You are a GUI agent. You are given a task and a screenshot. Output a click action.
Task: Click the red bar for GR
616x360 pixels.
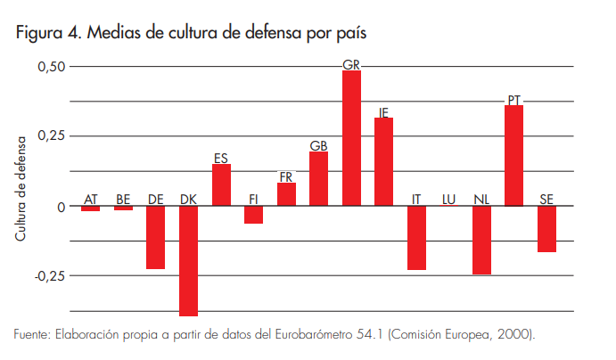pos(351,138)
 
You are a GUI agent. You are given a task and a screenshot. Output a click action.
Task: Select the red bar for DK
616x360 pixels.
pos(188,260)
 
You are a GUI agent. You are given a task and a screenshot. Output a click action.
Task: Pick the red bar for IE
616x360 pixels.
pos(383,161)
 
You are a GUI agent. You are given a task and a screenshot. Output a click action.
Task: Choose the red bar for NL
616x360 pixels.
pos(481,240)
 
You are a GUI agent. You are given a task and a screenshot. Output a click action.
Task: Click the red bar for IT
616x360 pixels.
pos(416,237)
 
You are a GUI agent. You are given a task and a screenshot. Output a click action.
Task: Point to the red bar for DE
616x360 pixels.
pos(155,237)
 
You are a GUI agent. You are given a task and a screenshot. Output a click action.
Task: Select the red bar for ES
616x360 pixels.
pos(221,184)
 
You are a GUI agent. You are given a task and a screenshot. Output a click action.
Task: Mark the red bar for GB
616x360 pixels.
pos(318,178)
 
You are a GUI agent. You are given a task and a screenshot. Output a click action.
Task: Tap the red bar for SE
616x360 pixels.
pos(546,228)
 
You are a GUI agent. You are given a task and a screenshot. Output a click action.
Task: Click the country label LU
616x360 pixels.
pos(449,199)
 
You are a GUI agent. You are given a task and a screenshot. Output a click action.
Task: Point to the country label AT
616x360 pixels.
pos(90,199)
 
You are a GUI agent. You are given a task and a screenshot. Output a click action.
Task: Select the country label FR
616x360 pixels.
pos(286,176)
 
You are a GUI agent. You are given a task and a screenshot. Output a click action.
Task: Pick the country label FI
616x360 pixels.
pos(253,199)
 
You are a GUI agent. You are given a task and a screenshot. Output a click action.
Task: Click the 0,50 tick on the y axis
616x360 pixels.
pos(52,67)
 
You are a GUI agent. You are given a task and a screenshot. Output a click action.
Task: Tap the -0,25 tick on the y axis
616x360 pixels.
pos(50,275)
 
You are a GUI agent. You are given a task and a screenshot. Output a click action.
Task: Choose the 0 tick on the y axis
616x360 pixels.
pos(61,206)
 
